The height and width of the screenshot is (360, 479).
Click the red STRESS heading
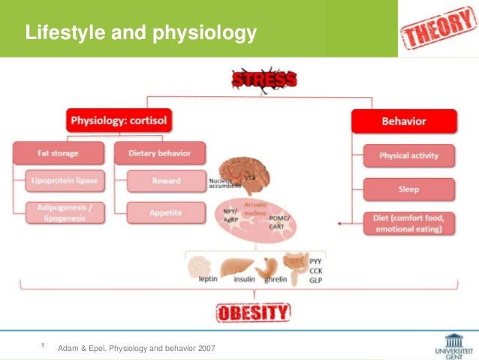click(x=264, y=78)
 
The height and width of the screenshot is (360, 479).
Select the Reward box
click(x=164, y=181)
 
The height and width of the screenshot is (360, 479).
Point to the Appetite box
click(x=164, y=213)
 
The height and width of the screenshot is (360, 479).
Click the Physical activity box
click(x=409, y=156)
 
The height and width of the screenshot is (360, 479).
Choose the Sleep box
click(x=409, y=189)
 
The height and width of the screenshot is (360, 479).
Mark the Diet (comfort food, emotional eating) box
click(x=409, y=223)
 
